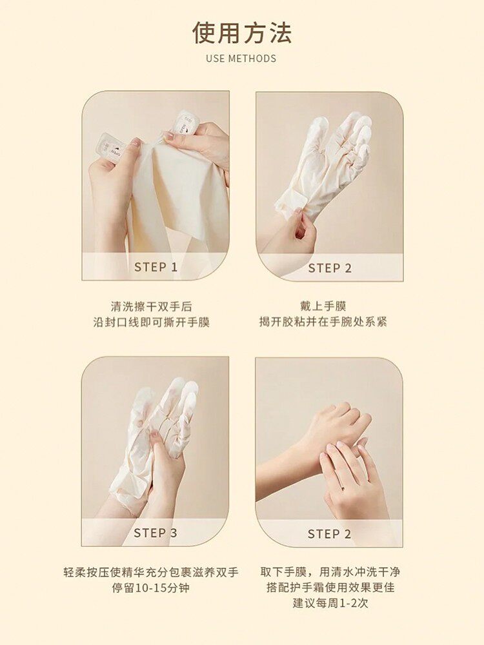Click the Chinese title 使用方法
pyautogui.click(x=242, y=34)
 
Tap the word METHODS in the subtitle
pyautogui.click(x=252, y=59)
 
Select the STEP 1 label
pyautogui.click(x=156, y=267)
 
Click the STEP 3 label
pyautogui.click(x=156, y=533)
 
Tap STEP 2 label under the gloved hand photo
pyautogui.click(x=330, y=268)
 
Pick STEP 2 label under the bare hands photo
pyautogui.click(x=329, y=534)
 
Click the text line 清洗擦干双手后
pyautogui.click(x=152, y=306)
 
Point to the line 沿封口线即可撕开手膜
pyautogui.click(x=152, y=322)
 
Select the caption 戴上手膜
pyautogui.click(x=323, y=306)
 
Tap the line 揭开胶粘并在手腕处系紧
pyautogui.click(x=323, y=322)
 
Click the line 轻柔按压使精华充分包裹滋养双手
pyautogui.click(x=151, y=572)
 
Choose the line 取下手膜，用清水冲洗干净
pyautogui.click(x=330, y=571)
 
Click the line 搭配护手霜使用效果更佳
pyautogui.click(x=330, y=588)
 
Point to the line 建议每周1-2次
pyautogui.click(x=330, y=604)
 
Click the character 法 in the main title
pyautogui.click(x=280, y=34)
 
